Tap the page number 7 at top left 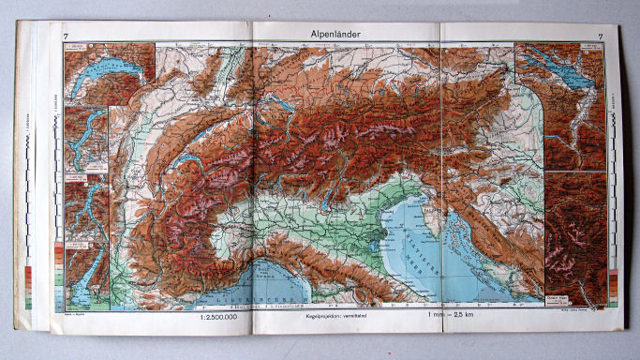coord(66,37)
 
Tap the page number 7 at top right coord(587,37)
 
